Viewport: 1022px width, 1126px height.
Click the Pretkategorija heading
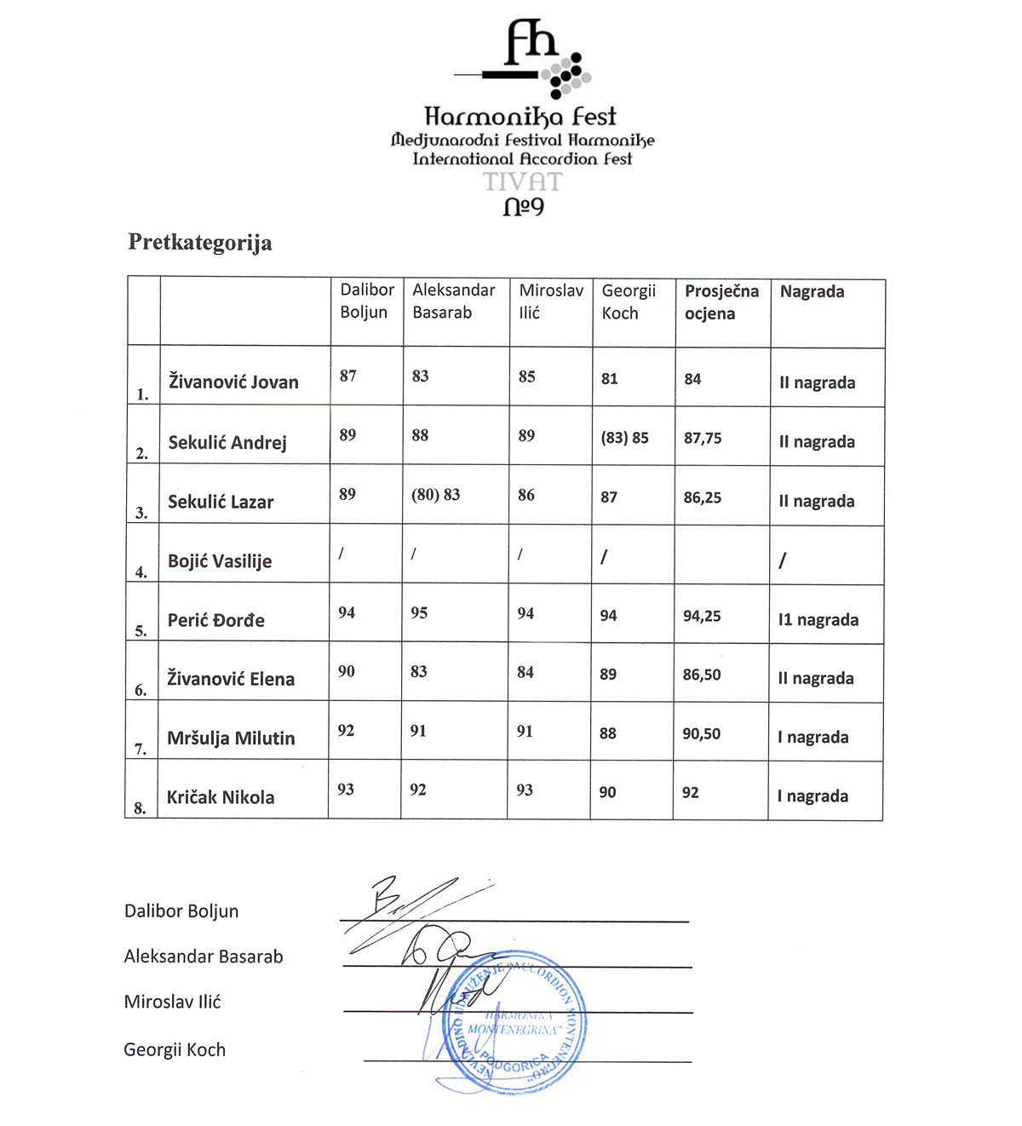pyautogui.click(x=200, y=243)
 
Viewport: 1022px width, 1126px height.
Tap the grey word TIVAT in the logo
pyautogui.click(x=523, y=182)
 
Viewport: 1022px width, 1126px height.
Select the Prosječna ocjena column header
pyautogui.click(x=721, y=302)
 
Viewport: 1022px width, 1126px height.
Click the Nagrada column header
pyautogui.click(x=812, y=292)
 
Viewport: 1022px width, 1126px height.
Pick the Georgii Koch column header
pyautogui.click(x=629, y=302)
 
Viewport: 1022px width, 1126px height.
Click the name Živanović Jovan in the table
pyautogui.click(x=233, y=382)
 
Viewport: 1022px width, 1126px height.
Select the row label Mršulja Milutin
pyautogui.click(x=231, y=738)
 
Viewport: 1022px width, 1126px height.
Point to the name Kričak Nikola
pyautogui.click(x=221, y=798)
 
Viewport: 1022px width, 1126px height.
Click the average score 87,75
pyautogui.click(x=703, y=439)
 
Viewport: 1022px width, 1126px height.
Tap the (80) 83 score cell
pyautogui.click(x=435, y=495)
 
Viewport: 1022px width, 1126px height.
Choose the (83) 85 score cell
pyautogui.click(x=624, y=439)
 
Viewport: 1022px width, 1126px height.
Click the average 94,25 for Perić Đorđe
pyautogui.click(x=702, y=616)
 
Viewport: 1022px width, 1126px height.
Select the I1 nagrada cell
pyautogui.click(x=818, y=620)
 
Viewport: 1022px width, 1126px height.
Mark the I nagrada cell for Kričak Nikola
pyautogui.click(x=812, y=796)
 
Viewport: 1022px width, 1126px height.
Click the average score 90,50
pyautogui.click(x=701, y=734)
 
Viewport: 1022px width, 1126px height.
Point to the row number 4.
pyautogui.click(x=141, y=572)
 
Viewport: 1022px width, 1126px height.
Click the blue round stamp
pyautogui.click(x=514, y=1021)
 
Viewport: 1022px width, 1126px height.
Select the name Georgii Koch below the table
pyautogui.click(x=175, y=1050)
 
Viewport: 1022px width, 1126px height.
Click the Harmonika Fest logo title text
pyautogui.click(x=520, y=116)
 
